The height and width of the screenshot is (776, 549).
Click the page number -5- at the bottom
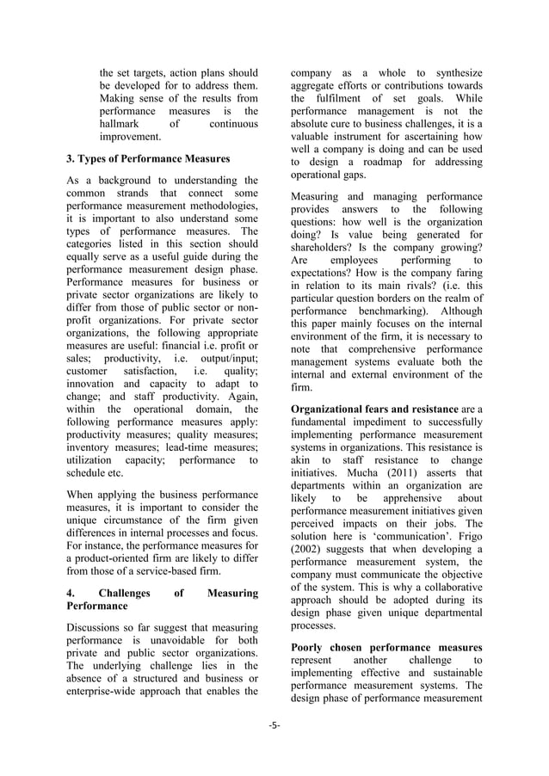[x=274, y=724]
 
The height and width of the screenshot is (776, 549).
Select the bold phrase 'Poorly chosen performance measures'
[x=386, y=646]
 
